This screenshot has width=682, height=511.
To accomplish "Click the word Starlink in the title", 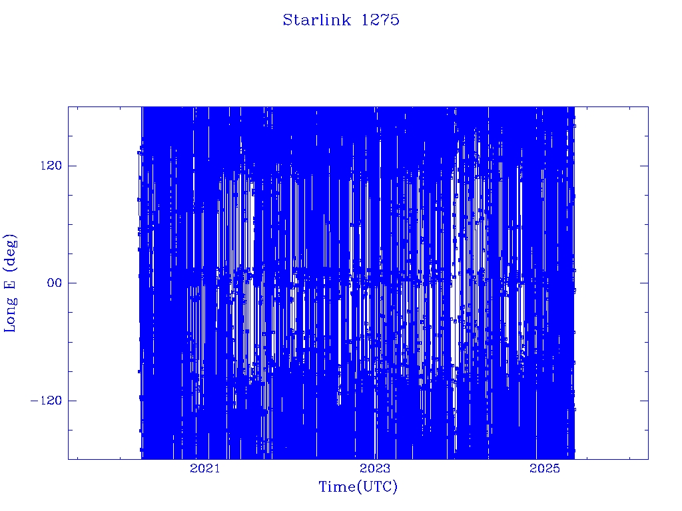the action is tap(316, 20).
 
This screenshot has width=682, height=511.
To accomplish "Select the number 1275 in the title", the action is tap(380, 20).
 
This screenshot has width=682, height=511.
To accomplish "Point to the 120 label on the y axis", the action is tap(51, 166).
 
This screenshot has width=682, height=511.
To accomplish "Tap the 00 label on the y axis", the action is tap(55, 283).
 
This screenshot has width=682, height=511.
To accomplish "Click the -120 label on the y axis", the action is tap(46, 400).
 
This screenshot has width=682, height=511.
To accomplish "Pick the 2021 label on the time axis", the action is tap(205, 468).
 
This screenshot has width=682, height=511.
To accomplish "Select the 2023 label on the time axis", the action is tap(375, 468).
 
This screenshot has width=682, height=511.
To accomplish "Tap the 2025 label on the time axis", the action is tap(545, 468).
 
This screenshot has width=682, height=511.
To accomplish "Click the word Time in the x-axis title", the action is tap(338, 486).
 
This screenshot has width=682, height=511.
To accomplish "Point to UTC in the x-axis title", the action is tap(378, 486).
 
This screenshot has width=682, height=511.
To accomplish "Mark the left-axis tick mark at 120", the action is tap(72, 166).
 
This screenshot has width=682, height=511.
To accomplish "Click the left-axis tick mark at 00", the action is tap(72, 283).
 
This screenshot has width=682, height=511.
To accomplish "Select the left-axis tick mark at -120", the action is tap(72, 400).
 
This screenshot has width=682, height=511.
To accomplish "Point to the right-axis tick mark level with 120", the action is tap(644, 166).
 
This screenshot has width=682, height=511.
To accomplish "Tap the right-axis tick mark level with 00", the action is tap(644, 283).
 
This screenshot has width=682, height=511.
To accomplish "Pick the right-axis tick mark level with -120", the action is tap(644, 400).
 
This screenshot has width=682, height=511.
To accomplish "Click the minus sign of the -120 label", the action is tap(34, 401).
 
